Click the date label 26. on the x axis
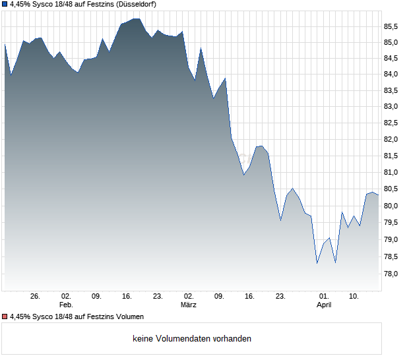pyautogui.click(x=36, y=297)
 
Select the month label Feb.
pyautogui.click(x=65, y=305)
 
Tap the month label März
pyautogui.click(x=189, y=305)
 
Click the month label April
pyautogui.click(x=324, y=305)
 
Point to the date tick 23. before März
pyautogui.click(x=158, y=297)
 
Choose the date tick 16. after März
pyautogui.click(x=250, y=297)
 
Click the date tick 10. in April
pyautogui.click(x=354, y=297)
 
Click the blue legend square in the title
pyautogui.click(x=5, y=5)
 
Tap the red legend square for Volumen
pyautogui.click(x=5, y=317)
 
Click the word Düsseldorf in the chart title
pyautogui.click(x=135, y=5)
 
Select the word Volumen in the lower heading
pyautogui.click(x=127, y=317)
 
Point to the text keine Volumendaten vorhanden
pyautogui.click(x=192, y=339)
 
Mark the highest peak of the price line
pyautogui.click(x=135, y=18)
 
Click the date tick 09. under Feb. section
pyautogui.click(x=96, y=297)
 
